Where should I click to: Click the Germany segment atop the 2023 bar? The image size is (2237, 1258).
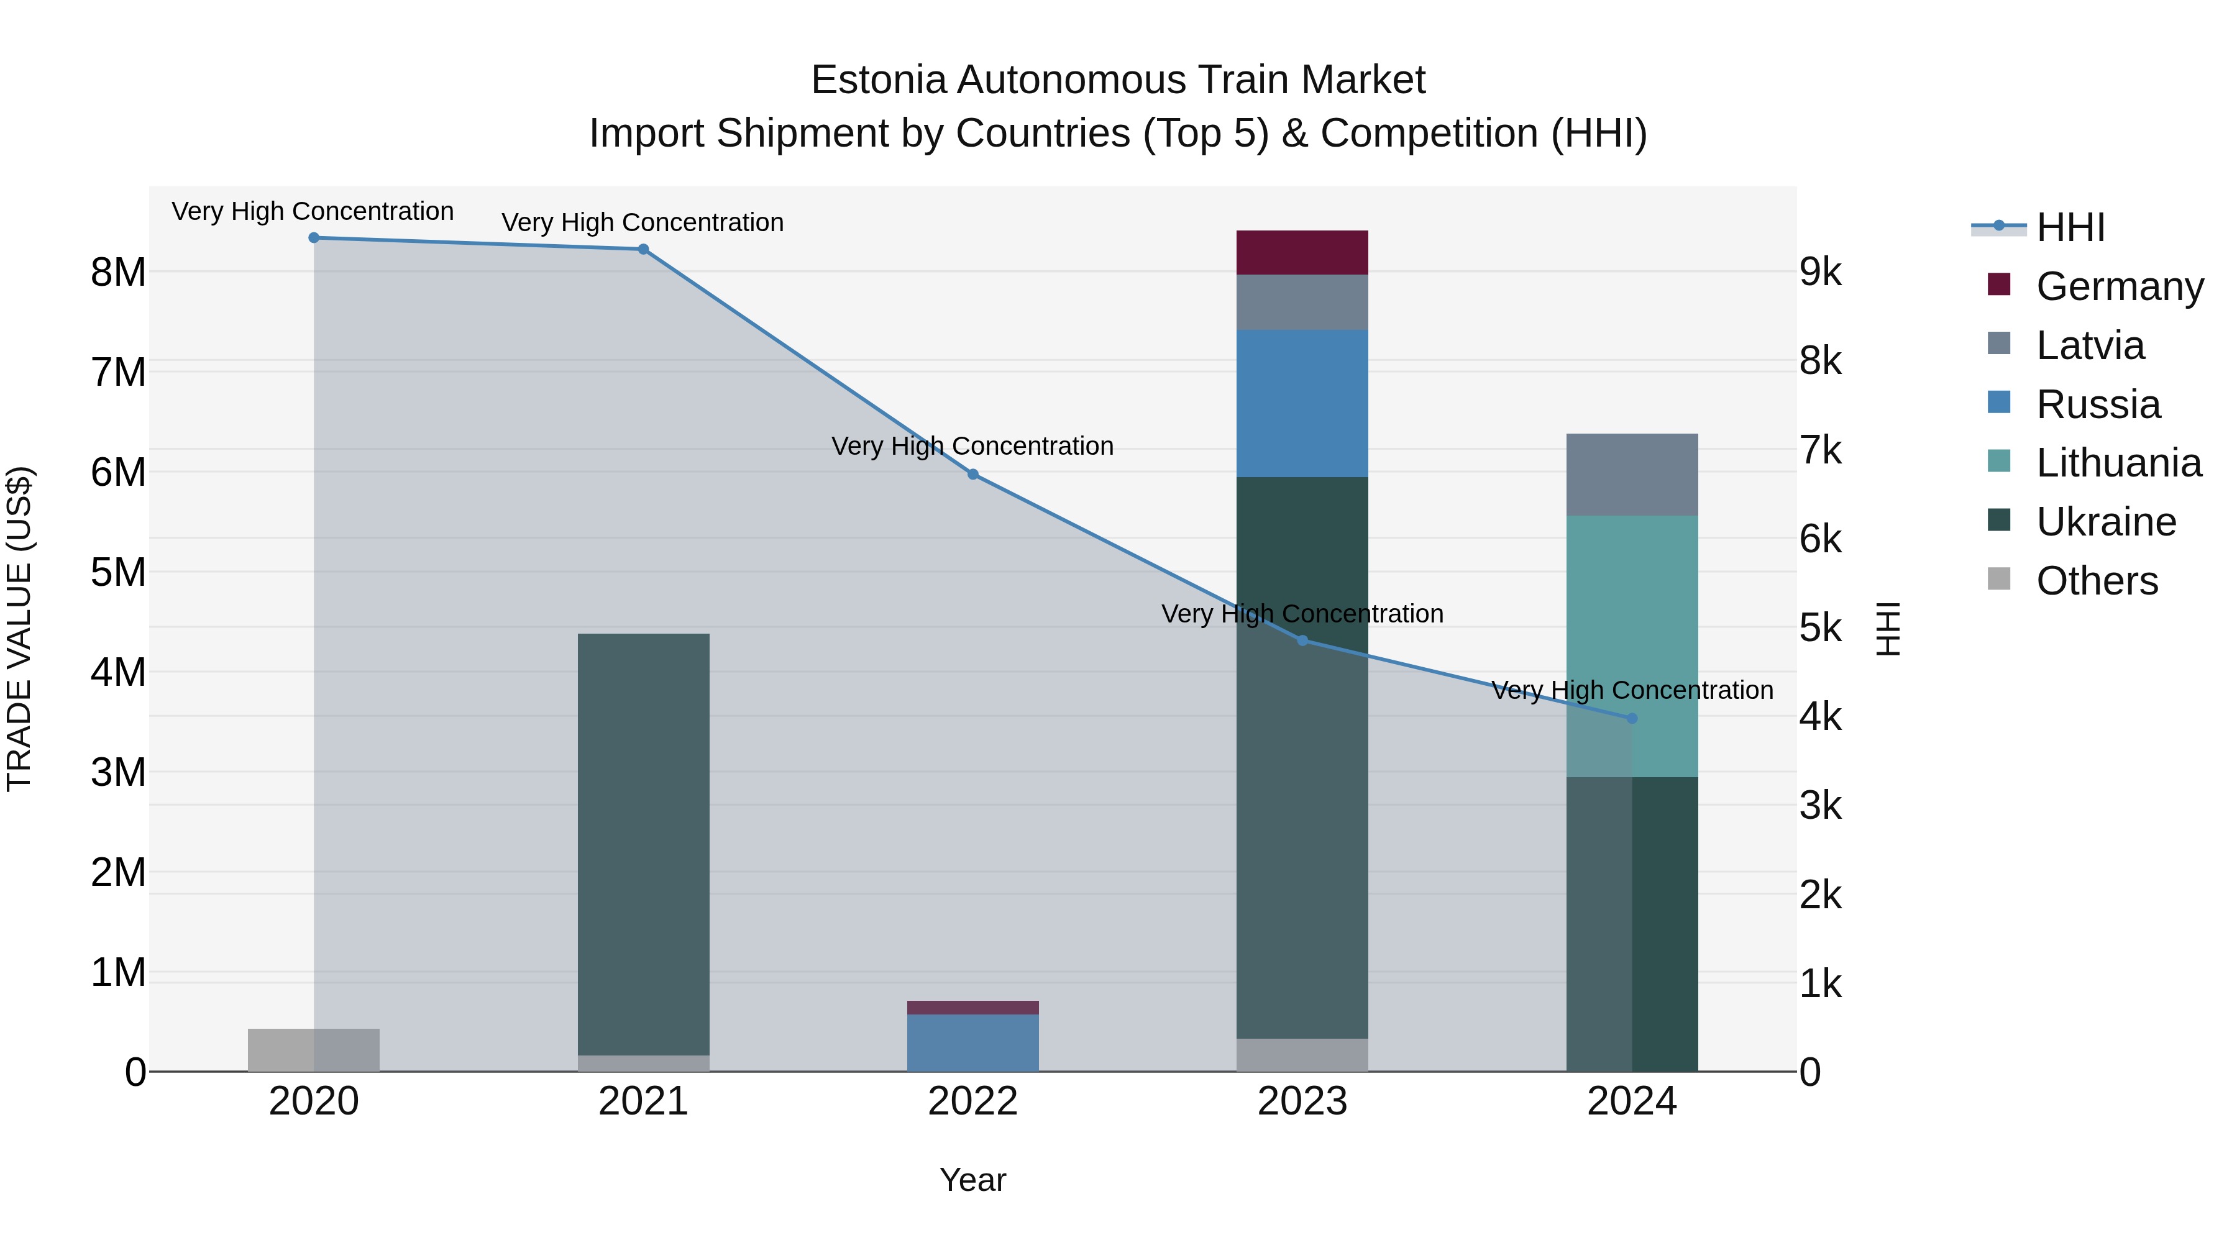pos(1302,253)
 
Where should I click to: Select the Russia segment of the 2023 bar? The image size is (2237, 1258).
pos(1302,404)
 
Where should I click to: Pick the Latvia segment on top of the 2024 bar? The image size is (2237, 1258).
pos(1632,475)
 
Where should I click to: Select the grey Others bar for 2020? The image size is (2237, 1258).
pos(314,1050)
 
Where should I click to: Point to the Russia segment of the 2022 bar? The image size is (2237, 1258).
pos(972,1042)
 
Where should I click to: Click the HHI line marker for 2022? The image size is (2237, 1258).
pos(972,474)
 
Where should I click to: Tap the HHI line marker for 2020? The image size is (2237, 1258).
pos(314,238)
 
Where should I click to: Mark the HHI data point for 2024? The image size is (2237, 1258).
pos(1632,718)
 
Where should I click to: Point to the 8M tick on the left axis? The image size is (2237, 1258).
pos(119,273)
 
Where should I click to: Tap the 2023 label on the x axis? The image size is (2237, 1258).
pos(1302,1101)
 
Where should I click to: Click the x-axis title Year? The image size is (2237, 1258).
pos(972,1180)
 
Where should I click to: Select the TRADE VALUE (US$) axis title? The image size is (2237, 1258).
pos(19,629)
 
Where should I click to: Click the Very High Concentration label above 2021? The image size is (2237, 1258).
pos(643,222)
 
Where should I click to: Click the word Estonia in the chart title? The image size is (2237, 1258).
pos(878,81)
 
